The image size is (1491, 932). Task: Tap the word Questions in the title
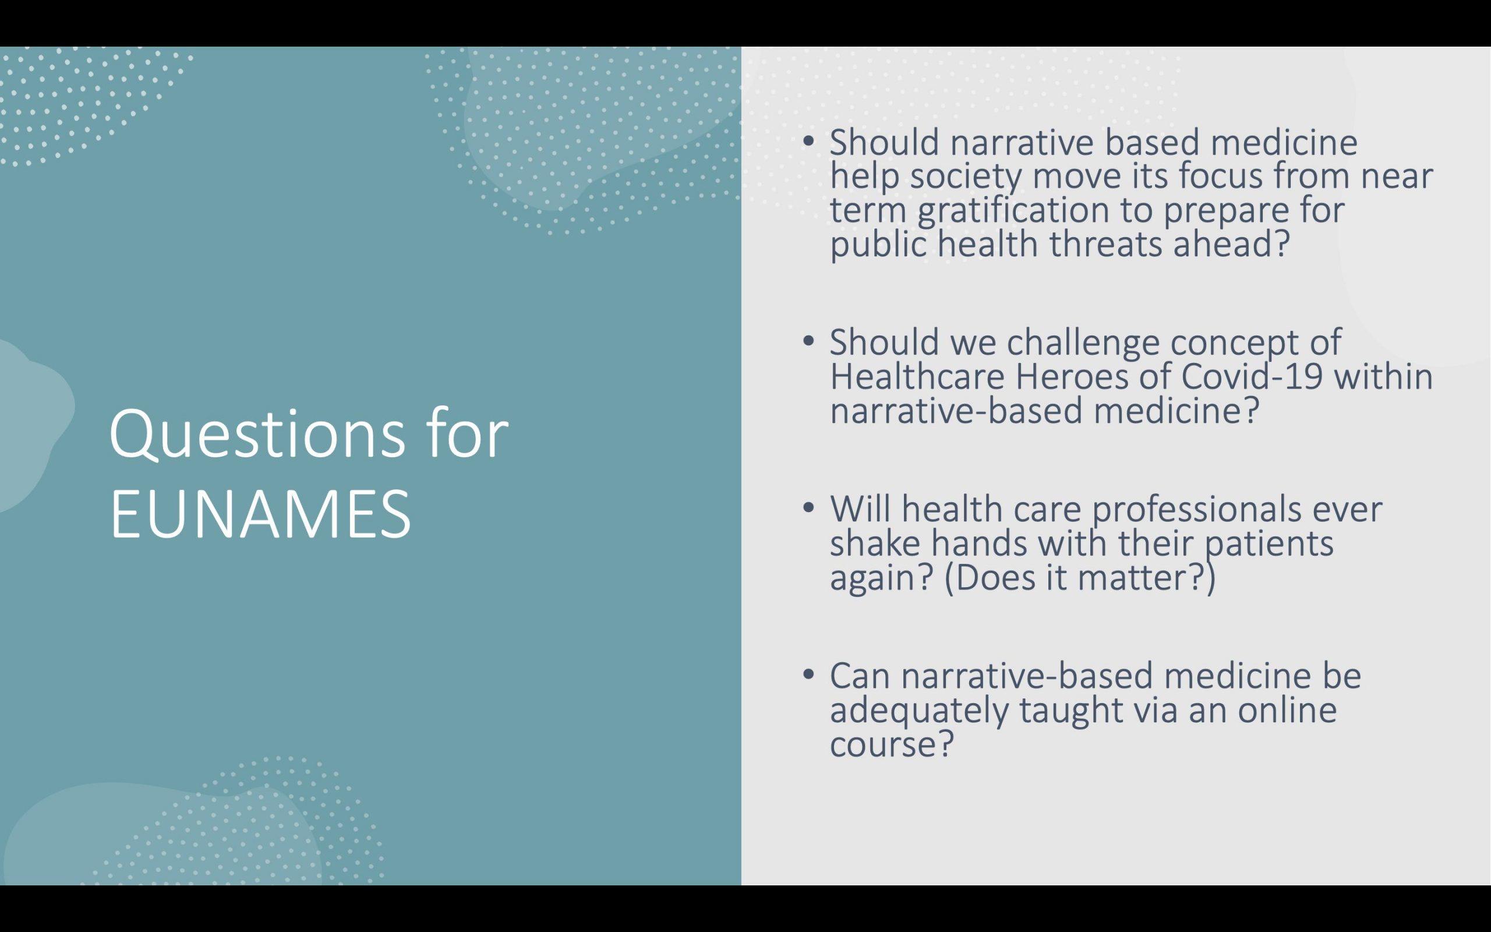click(x=257, y=436)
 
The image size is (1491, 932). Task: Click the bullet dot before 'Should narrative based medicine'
click(x=809, y=140)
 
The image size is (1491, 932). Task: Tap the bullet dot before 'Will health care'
click(x=809, y=507)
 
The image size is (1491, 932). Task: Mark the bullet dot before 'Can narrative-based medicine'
click(x=809, y=674)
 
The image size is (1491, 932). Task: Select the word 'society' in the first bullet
click(x=966, y=178)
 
